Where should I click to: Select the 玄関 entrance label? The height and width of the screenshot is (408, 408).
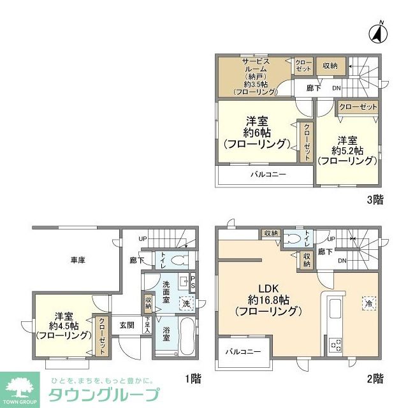(x=126, y=324)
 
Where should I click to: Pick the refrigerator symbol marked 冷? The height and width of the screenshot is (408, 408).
(x=368, y=303)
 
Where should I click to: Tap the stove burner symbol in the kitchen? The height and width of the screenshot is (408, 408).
(x=335, y=346)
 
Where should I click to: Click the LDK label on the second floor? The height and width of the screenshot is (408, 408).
(x=267, y=288)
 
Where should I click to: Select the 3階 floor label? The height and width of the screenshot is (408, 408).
(x=375, y=200)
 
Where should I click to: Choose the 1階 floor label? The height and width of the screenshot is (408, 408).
(x=193, y=379)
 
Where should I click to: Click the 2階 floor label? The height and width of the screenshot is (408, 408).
(x=375, y=379)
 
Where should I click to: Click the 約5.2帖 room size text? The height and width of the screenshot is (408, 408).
(x=347, y=150)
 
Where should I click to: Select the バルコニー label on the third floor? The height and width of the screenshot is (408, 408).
(x=268, y=174)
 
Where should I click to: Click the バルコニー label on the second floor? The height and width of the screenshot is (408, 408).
(x=242, y=352)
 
